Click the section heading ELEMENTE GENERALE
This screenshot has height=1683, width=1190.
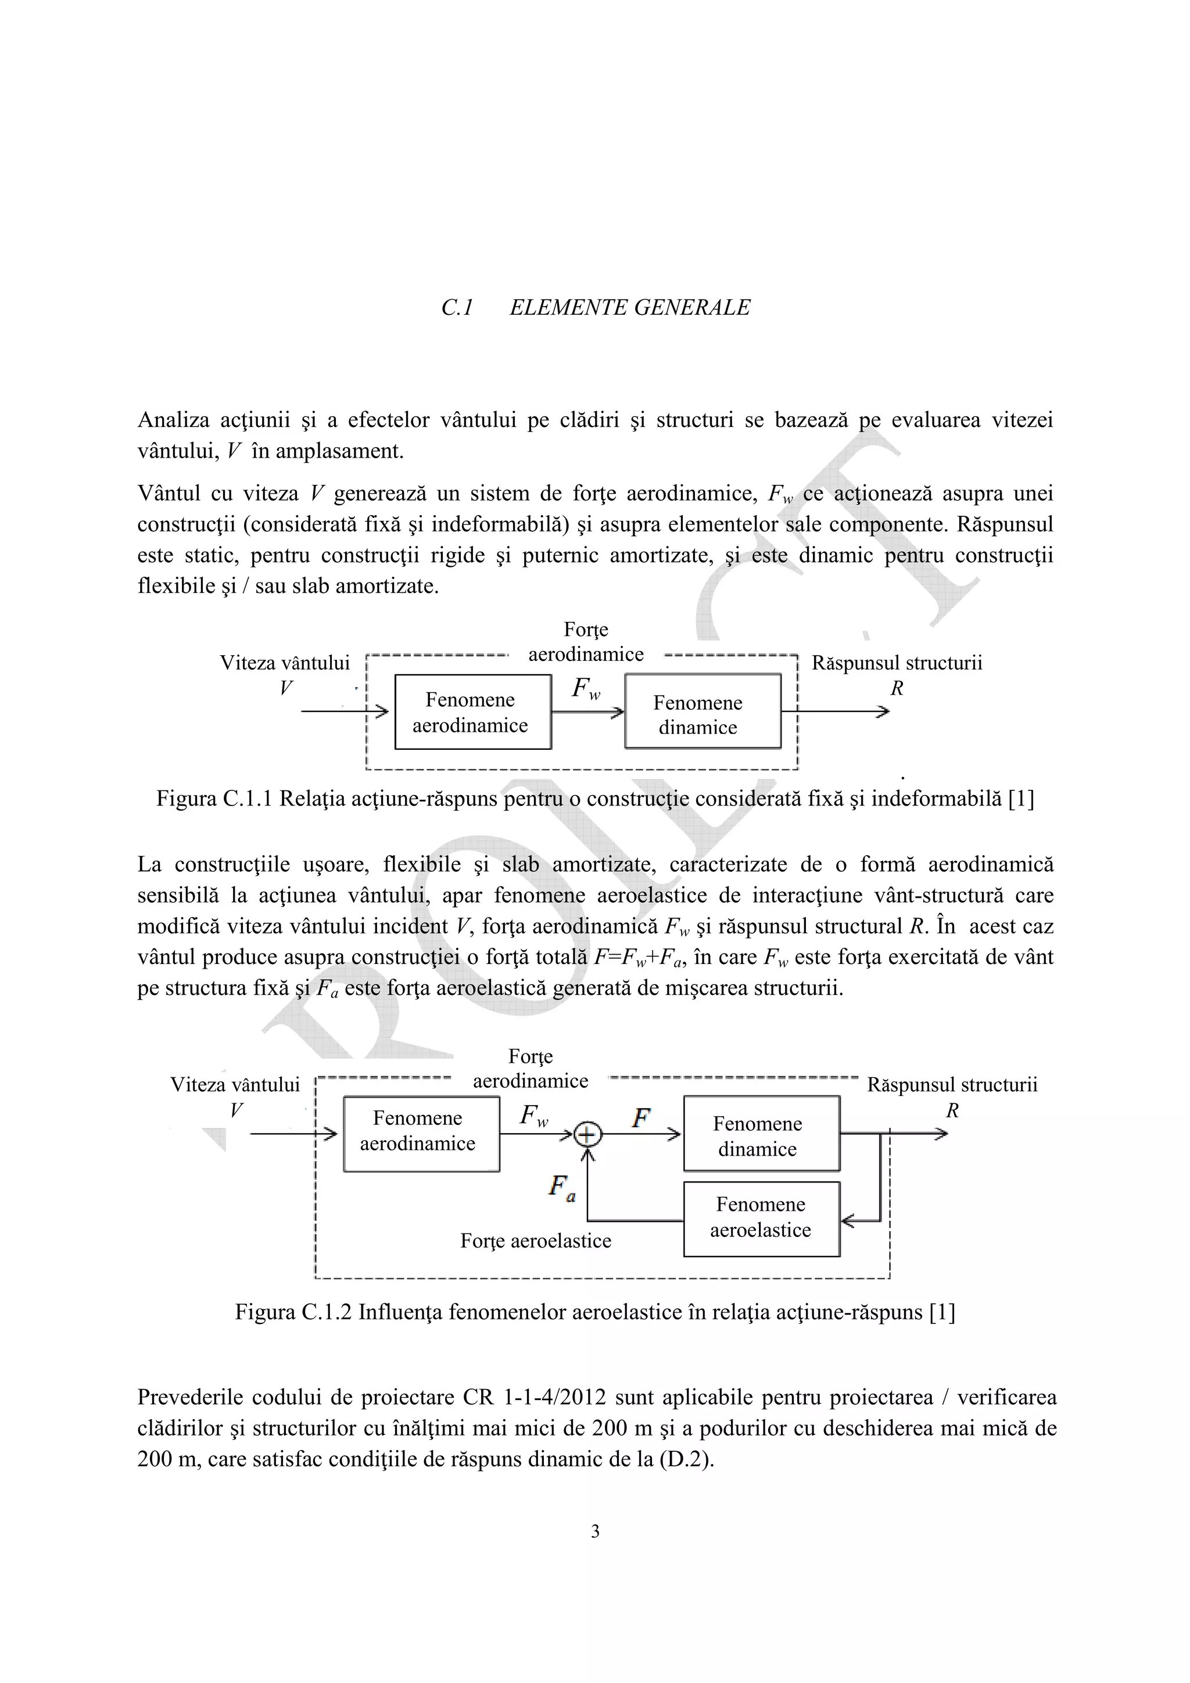click(629, 307)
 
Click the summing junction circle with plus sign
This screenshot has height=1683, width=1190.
click(587, 1135)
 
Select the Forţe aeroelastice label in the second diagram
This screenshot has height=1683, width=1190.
click(535, 1240)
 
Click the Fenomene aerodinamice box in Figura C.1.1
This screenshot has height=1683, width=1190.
click(472, 712)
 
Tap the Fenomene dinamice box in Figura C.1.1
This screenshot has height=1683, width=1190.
click(702, 712)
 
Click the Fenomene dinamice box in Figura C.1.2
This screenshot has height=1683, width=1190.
click(761, 1134)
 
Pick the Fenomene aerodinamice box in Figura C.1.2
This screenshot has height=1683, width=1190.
click(421, 1134)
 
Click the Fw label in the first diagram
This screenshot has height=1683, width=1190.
click(586, 688)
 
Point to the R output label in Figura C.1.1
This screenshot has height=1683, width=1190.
click(896, 688)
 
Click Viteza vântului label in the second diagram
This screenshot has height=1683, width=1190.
click(235, 1084)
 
